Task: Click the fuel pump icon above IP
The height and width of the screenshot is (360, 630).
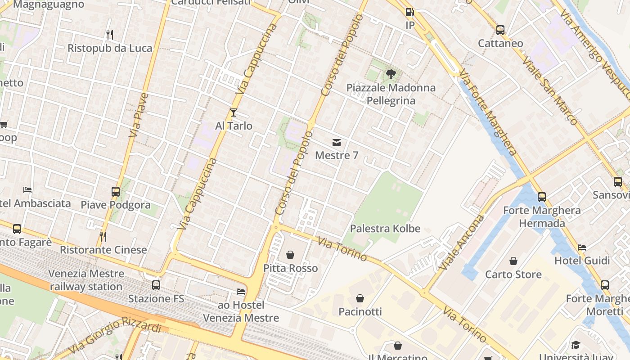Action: [x=409, y=12]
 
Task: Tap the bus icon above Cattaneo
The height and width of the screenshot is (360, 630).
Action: [x=500, y=30]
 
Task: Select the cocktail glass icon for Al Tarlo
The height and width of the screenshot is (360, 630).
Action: [x=233, y=112]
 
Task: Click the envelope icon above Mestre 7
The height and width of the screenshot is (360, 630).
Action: [x=336, y=143]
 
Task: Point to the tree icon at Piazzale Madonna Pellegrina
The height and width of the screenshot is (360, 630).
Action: [x=391, y=74]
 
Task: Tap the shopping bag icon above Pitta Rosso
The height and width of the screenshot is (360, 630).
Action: [x=290, y=255]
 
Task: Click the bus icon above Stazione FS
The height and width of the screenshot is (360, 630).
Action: [x=156, y=285]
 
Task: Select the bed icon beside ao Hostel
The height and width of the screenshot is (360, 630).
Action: [x=241, y=292]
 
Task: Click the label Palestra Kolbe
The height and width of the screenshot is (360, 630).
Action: [x=385, y=229]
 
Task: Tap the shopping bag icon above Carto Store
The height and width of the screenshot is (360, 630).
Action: [x=513, y=261]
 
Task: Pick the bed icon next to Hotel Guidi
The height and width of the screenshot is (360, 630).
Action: [x=582, y=247]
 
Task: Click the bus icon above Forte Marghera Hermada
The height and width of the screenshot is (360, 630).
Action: [x=542, y=197]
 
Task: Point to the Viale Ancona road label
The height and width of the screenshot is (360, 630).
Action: [x=461, y=243]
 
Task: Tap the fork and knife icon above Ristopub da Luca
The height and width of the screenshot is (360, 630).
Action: [x=109, y=34]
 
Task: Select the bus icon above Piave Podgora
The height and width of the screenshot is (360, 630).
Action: [x=115, y=191]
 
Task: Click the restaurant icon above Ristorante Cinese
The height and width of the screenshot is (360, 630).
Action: [x=103, y=236]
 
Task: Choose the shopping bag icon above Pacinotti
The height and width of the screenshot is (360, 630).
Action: [x=360, y=298]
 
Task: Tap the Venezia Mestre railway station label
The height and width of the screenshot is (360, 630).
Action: [x=86, y=280]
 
